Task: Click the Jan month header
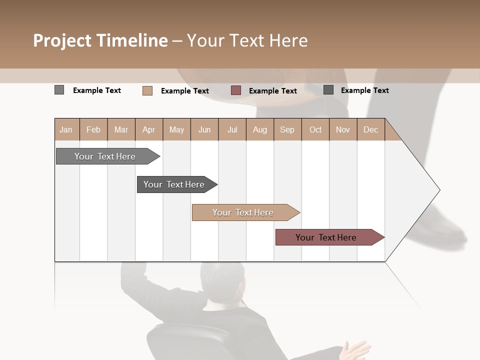click(66, 130)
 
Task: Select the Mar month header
click(121, 130)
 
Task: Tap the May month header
click(176, 130)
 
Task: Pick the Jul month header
click(232, 130)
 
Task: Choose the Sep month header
click(287, 130)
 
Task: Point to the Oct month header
click(315, 130)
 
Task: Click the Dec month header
click(370, 130)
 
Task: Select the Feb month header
click(93, 130)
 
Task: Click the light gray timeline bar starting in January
click(105, 156)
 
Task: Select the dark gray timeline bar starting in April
click(174, 184)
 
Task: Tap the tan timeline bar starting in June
click(243, 212)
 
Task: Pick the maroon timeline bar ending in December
click(326, 237)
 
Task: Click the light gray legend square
click(59, 90)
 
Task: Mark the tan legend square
click(147, 90)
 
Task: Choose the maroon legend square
click(236, 90)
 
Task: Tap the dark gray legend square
click(328, 90)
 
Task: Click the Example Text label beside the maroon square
click(273, 91)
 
